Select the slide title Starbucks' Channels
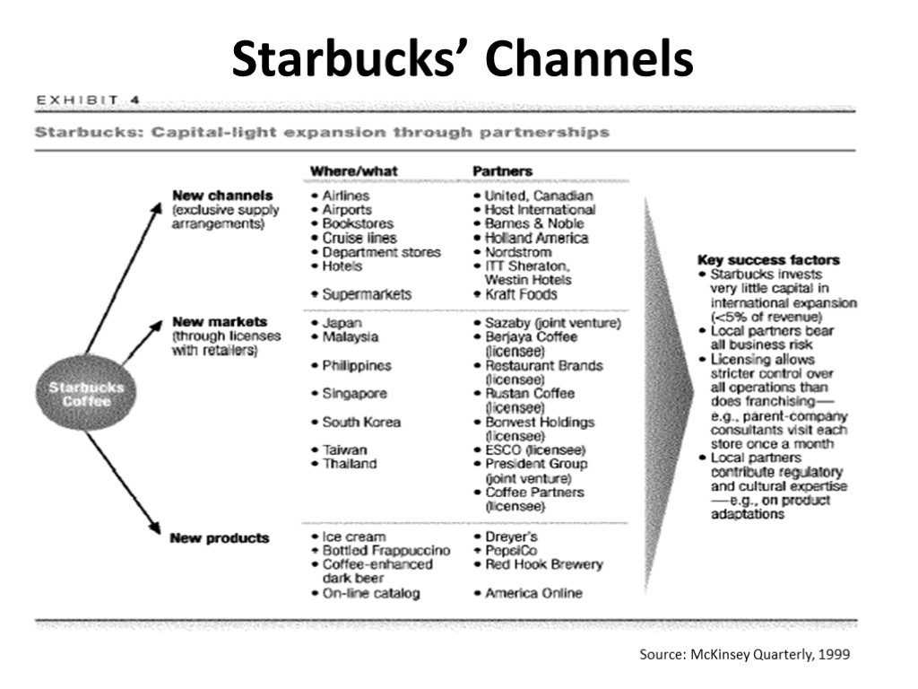(x=463, y=59)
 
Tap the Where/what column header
(x=354, y=170)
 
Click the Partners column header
(x=502, y=170)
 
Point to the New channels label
(x=222, y=196)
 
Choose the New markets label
(x=220, y=322)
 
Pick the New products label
(x=220, y=538)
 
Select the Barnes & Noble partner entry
(x=533, y=223)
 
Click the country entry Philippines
(x=357, y=366)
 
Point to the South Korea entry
(x=361, y=423)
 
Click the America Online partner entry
(x=533, y=593)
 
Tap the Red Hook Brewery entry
(x=543, y=564)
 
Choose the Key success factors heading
(x=768, y=260)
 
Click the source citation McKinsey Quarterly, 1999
(x=744, y=655)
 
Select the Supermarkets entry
(x=367, y=294)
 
